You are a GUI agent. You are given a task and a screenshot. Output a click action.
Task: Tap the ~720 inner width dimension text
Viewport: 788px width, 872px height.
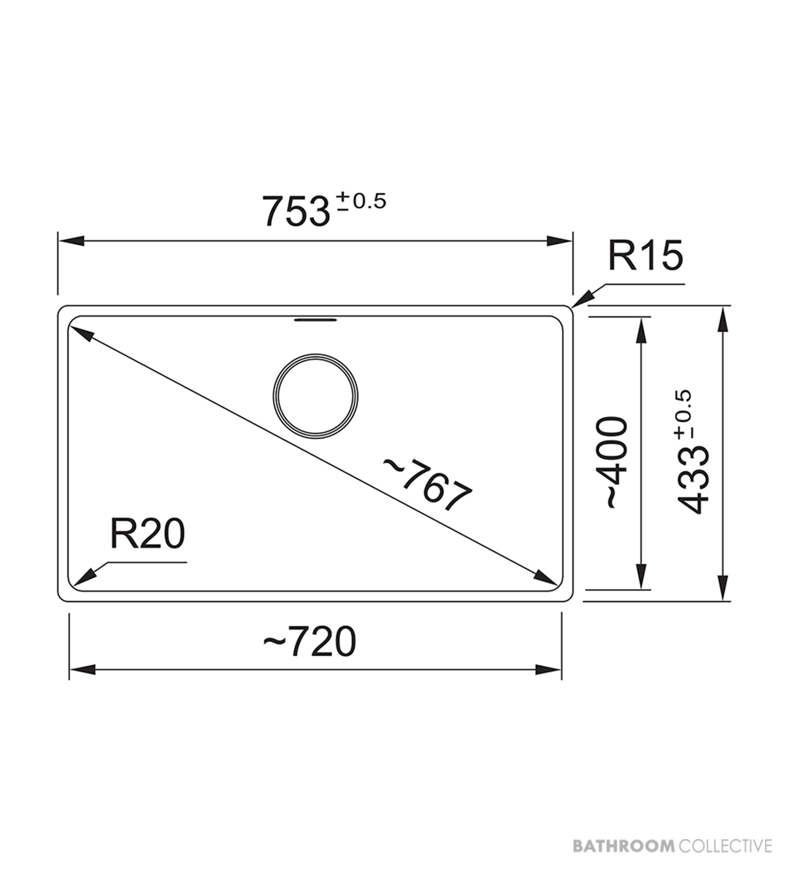click(x=309, y=642)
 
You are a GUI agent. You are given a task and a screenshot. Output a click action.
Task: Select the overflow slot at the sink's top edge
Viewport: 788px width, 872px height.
click(x=316, y=320)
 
